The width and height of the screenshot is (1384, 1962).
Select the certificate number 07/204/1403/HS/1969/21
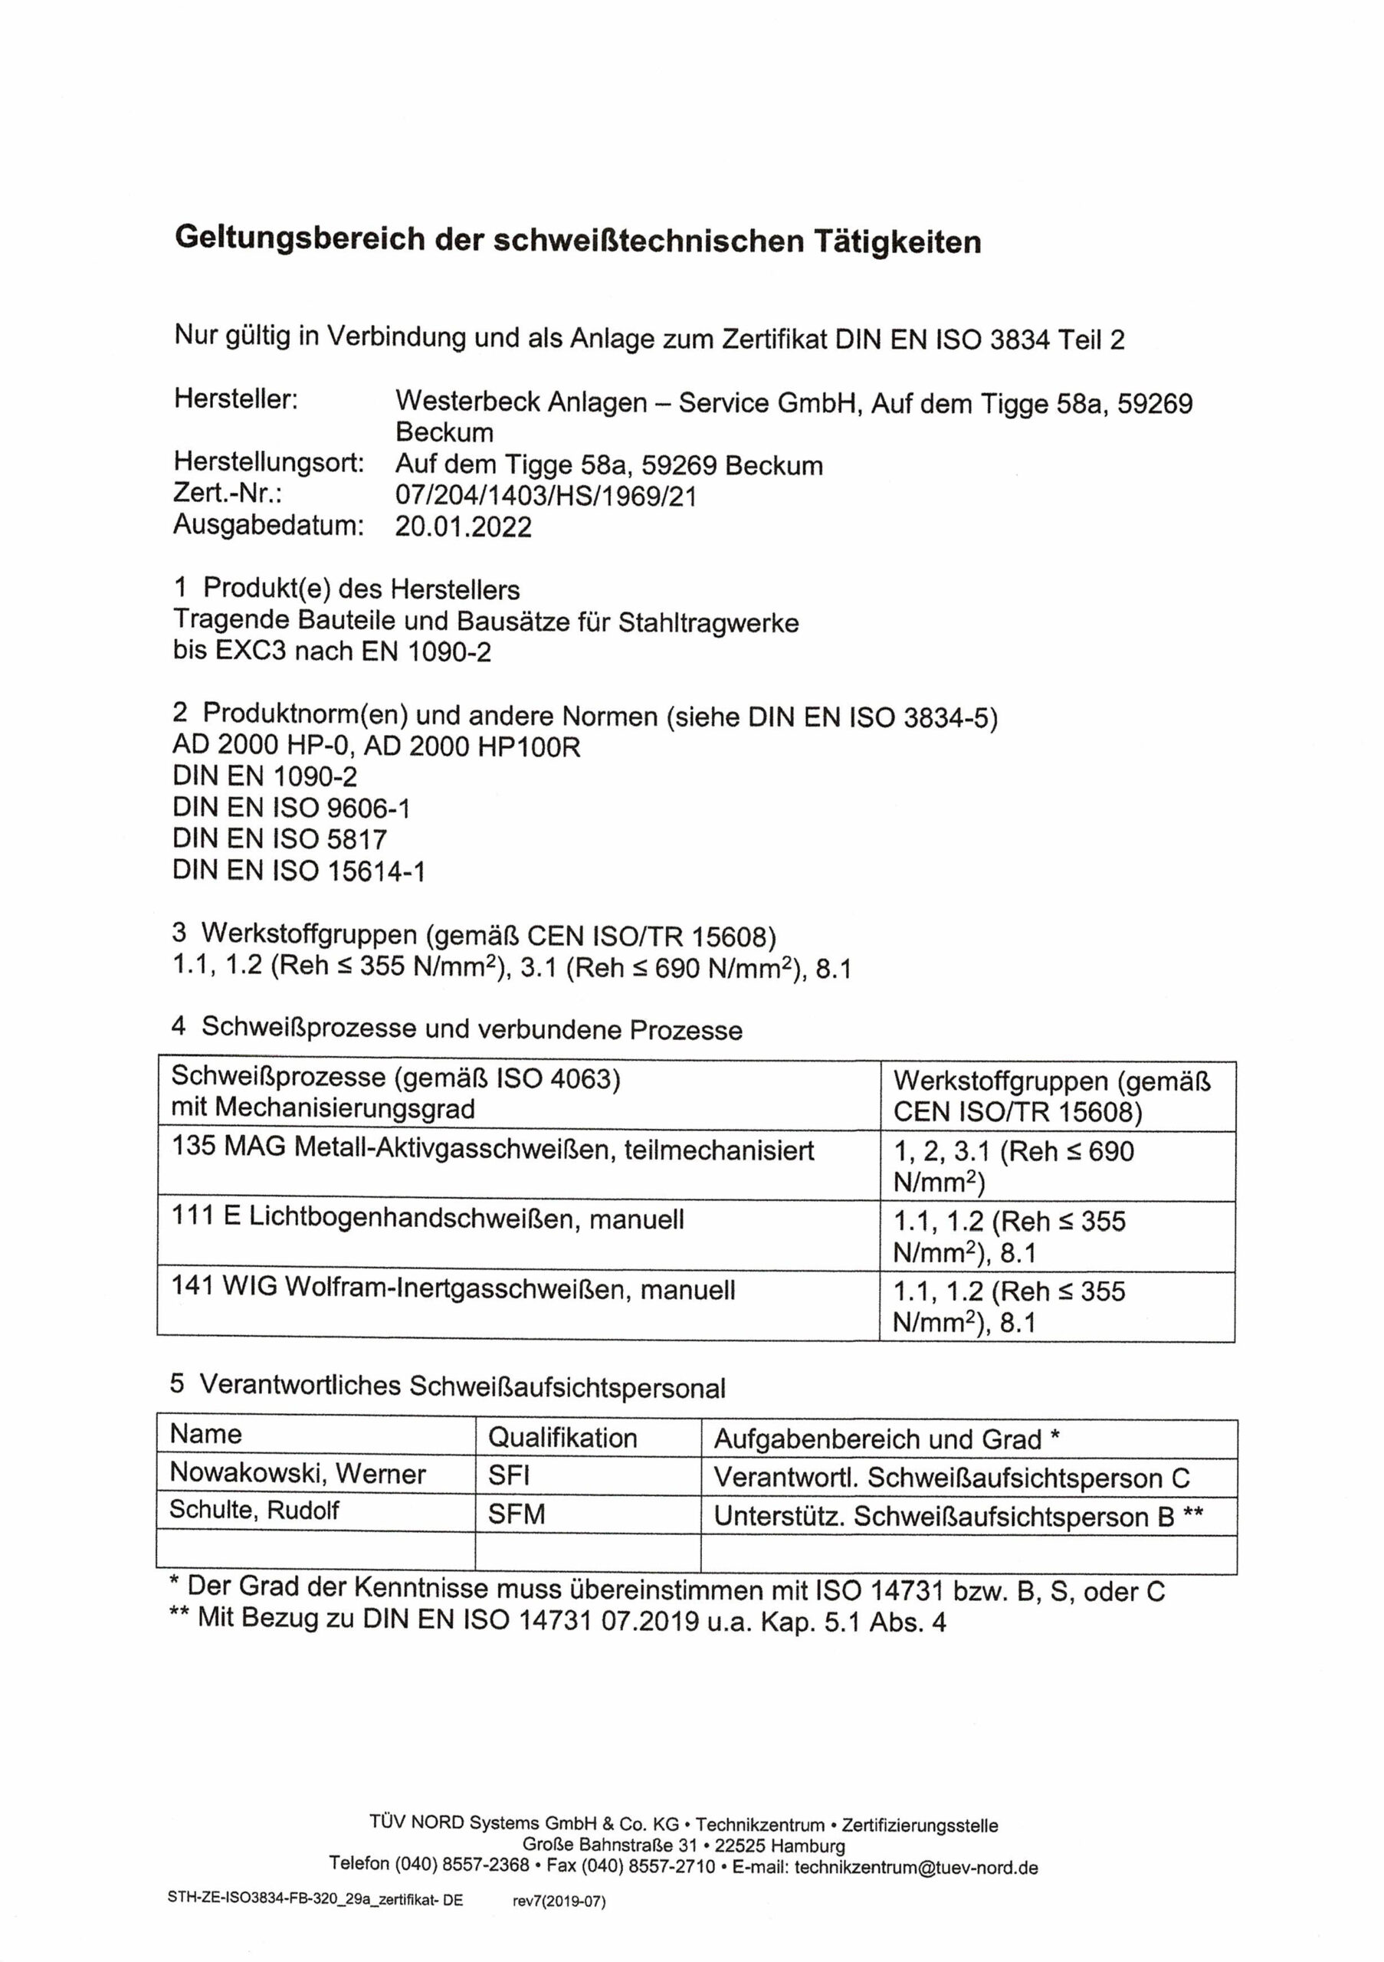(x=545, y=496)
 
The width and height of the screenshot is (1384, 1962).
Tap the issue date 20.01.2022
(x=462, y=527)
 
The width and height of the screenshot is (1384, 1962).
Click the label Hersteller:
(x=236, y=399)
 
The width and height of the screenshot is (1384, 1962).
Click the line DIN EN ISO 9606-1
(x=290, y=808)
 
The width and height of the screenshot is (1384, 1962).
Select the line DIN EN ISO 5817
(x=280, y=839)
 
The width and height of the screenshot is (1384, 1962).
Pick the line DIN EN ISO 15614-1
(x=298, y=871)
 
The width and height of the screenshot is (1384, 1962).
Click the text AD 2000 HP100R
(x=472, y=746)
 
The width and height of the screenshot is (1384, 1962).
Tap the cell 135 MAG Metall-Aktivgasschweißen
(x=492, y=1149)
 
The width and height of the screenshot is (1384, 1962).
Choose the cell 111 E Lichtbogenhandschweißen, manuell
(x=427, y=1219)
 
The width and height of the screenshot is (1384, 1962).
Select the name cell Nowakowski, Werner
(x=297, y=1473)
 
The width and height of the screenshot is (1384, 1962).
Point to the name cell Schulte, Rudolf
(x=254, y=1510)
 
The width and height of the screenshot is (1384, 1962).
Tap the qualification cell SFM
(x=516, y=1514)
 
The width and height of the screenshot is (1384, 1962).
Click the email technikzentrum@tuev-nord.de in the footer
(x=916, y=1868)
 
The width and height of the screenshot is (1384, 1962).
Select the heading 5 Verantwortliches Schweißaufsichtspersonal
(x=447, y=1386)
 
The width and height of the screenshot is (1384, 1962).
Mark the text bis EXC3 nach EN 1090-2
(x=332, y=651)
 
